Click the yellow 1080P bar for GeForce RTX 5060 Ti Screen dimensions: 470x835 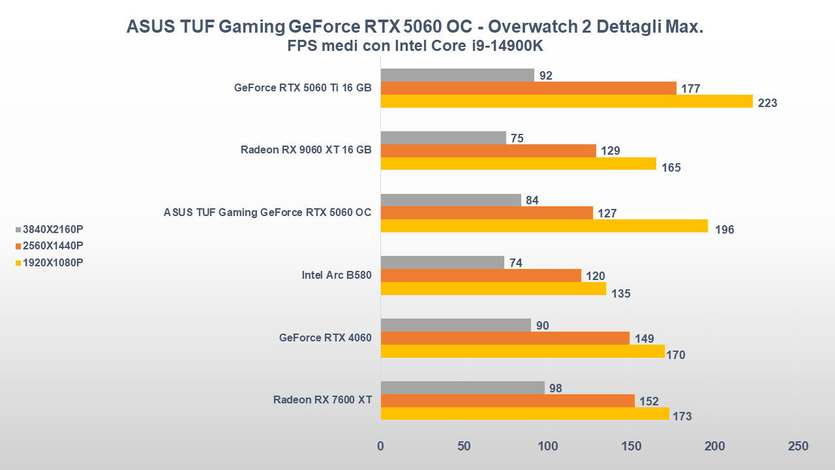[x=566, y=101]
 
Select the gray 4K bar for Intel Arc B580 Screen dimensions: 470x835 [x=442, y=262]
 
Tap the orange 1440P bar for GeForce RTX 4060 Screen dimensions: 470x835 [x=504, y=338]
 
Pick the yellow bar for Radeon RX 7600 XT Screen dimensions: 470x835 [x=524, y=414]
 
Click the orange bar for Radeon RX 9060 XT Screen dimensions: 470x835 [x=488, y=151]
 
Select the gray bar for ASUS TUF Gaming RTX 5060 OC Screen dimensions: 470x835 [x=451, y=200]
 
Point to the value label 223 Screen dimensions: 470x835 [x=767, y=103]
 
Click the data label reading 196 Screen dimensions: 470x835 [x=724, y=230]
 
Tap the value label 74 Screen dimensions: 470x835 [x=516, y=263]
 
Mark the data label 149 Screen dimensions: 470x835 [x=643, y=339]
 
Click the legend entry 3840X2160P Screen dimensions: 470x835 [x=53, y=230]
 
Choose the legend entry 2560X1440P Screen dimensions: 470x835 [x=53, y=246]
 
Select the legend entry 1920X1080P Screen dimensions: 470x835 [x=53, y=262]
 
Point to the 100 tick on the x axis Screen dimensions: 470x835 [x=547, y=446]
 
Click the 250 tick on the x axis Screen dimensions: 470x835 [x=798, y=446]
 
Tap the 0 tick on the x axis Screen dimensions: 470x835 [x=381, y=446]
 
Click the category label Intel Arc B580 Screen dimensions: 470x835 [x=337, y=275]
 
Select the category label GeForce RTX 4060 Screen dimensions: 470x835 [x=326, y=338]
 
